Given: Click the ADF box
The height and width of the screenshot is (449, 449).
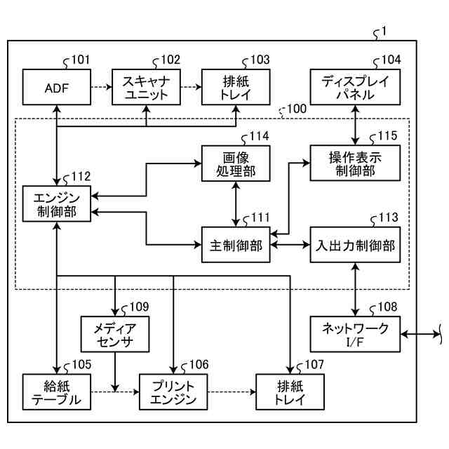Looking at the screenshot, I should (x=56, y=88).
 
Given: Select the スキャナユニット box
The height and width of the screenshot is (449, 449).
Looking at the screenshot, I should (x=146, y=88).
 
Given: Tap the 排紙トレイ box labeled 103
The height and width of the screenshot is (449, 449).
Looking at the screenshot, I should (x=236, y=88).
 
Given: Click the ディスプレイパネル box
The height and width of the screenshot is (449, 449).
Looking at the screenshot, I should (x=355, y=88).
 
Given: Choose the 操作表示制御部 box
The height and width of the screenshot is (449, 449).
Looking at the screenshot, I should (x=355, y=163).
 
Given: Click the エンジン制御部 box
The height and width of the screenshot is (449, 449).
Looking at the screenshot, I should (x=56, y=203).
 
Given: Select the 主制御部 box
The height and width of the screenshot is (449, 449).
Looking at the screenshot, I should (x=236, y=245).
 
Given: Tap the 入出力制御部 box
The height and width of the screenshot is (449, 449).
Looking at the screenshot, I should (x=355, y=245).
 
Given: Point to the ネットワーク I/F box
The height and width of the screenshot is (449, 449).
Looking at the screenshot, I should (x=355, y=333).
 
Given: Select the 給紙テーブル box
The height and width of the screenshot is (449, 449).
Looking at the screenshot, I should (x=56, y=392).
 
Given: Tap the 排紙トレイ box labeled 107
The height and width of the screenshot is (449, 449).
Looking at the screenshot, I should (x=290, y=392).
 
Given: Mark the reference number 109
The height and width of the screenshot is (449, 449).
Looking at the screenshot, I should (x=139, y=307).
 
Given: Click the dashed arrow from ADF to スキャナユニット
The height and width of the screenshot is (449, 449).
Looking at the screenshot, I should (x=101, y=88).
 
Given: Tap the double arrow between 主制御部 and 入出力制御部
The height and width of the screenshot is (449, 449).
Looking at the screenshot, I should (x=290, y=245).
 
